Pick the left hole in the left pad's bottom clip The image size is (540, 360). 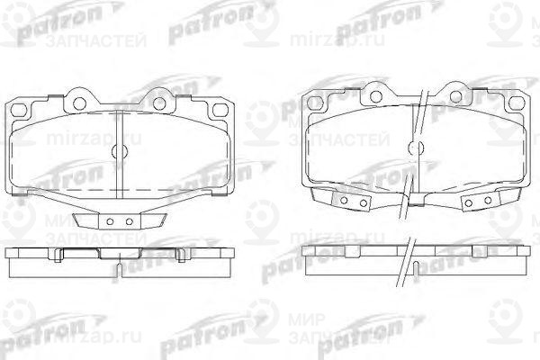point(109,221)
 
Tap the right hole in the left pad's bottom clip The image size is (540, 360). point(129,221)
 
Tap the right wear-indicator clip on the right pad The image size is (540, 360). point(472,203)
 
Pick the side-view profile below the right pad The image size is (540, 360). point(414,260)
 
